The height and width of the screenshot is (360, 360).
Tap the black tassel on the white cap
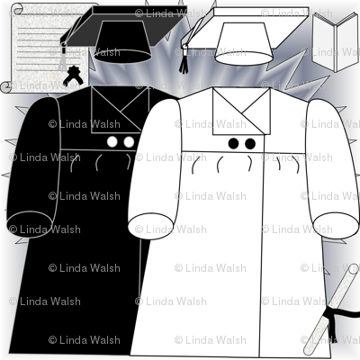[184, 60]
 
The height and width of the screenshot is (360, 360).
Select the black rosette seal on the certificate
[73, 76]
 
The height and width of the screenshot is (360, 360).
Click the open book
[336, 42]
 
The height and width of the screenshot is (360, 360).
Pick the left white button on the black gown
[112, 142]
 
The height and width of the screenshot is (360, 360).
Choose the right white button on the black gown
[129, 142]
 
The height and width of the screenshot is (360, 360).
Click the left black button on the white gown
[233, 144]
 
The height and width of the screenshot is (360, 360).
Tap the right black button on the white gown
[250, 144]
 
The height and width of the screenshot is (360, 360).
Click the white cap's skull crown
[244, 44]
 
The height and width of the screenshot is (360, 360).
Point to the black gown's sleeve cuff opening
[30, 224]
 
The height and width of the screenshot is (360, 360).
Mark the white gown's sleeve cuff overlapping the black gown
[150, 227]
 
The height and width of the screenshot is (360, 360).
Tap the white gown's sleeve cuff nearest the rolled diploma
[336, 226]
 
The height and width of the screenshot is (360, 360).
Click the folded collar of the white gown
[242, 112]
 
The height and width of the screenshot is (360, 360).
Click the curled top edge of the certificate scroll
[16, 8]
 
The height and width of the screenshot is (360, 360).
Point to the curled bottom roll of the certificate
[6, 87]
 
